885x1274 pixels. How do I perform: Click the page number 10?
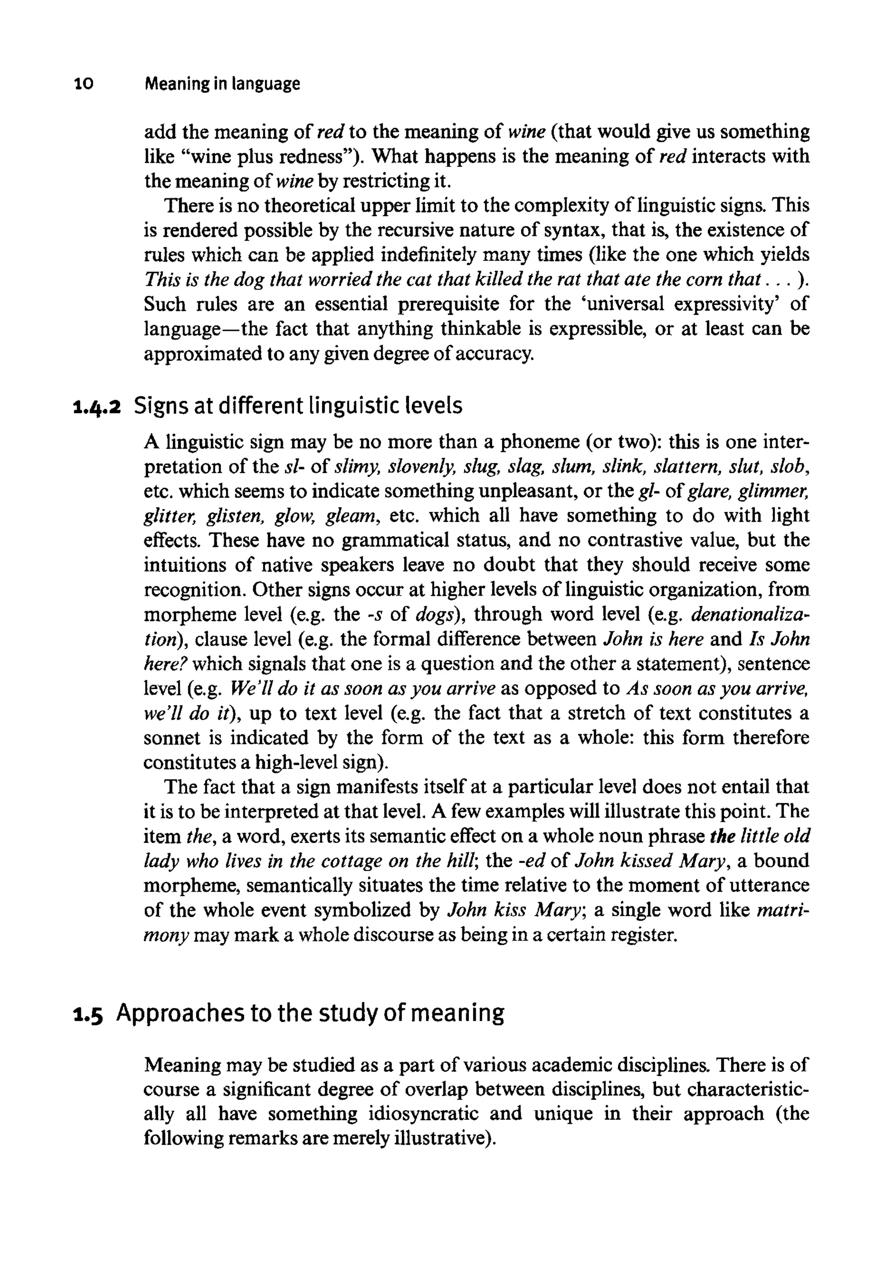(x=84, y=84)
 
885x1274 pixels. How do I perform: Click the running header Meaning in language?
(x=222, y=84)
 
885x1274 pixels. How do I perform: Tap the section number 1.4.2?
(x=96, y=407)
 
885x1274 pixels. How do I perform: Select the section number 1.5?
(x=88, y=1014)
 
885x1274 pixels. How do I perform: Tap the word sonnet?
(x=172, y=738)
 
